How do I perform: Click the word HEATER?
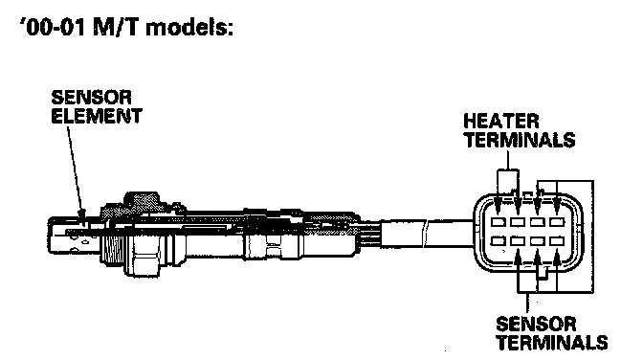(x=501, y=122)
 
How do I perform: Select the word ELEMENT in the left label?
(x=97, y=116)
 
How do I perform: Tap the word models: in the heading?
(x=189, y=28)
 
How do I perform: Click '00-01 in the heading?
(x=53, y=28)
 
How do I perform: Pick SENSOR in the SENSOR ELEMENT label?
(x=91, y=98)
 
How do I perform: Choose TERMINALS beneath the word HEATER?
(x=520, y=140)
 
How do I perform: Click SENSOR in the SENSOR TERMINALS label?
(x=536, y=325)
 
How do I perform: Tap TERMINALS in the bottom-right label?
(x=552, y=343)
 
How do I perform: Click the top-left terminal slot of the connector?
(x=499, y=222)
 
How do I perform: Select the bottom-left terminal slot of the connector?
(x=499, y=241)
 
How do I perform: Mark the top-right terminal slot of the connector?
(x=557, y=222)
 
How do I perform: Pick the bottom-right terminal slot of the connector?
(x=557, y=241)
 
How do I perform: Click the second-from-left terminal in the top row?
(x=518, y=222)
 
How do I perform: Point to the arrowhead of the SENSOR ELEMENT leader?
(x=82, y=214)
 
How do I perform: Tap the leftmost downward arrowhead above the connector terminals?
(x=498, y=208)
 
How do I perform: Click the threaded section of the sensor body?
(x=111, y=241)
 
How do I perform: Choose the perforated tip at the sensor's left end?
(x=74, y=235)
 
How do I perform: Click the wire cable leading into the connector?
(x=427, y=234)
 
